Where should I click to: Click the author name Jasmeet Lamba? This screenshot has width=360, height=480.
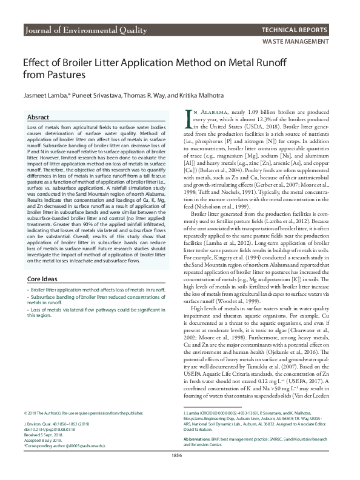tap(41, 95)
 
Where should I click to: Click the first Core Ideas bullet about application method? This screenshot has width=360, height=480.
tap(88, 290)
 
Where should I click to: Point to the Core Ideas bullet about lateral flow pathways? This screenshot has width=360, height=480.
tap(88, 313)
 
